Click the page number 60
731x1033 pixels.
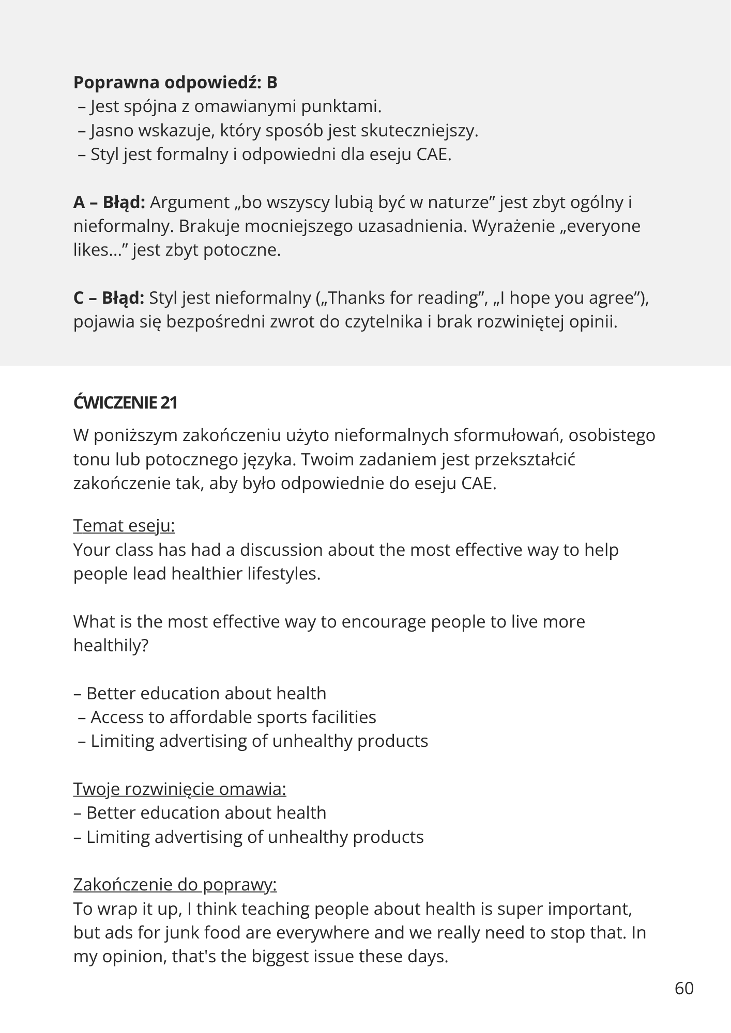(x=684, y=988)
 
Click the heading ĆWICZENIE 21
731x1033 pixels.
(x=125, y=403)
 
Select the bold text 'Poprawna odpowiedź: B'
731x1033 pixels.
(x=175, y=83)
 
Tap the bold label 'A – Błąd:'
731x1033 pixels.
(x=109, y=202)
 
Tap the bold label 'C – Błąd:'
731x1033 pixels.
(x=109, y=298)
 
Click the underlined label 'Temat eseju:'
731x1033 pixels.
(x=124, y=526)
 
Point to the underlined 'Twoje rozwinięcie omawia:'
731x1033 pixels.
(x=179, y=789)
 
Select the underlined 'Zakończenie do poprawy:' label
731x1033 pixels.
(x=175, y=885)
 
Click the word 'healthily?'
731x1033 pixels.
(x=111, y=645)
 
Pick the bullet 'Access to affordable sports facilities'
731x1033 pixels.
(x=233, y=717)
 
